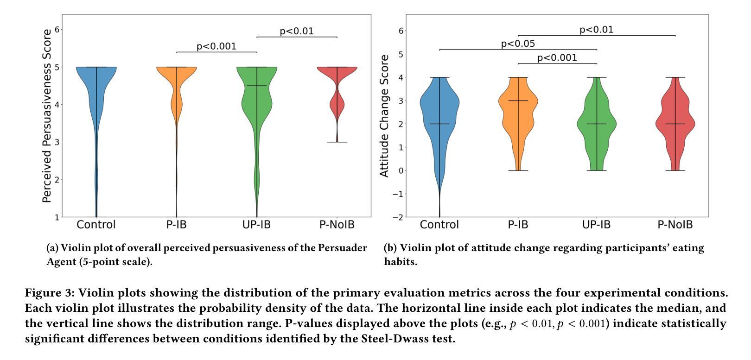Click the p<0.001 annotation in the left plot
coord(216,46)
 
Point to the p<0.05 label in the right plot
coord(518,44)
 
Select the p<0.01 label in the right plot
coord(596,30)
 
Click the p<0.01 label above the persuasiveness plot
coord(297,31)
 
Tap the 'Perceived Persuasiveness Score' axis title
coord(46,116)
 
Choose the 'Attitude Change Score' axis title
coord(384,116)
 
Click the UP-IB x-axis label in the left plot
coord(256,225)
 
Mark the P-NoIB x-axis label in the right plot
coord(675,225)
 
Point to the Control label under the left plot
coord(96,225)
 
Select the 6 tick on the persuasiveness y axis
coord(58,29)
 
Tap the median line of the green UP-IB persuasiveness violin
coord(257,86)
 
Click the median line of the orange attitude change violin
coord(518,101)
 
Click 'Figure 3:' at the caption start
coord(50,293)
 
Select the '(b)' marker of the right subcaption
coord(390,248)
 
